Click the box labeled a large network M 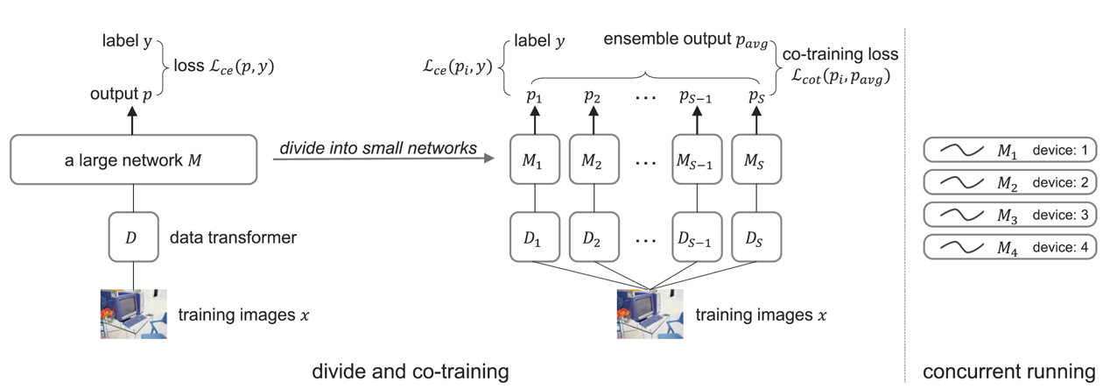[133, 159]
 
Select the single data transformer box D [133, 237]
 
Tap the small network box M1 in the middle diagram [535, 159]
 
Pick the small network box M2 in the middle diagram [594, 159]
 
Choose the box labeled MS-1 [697, 159]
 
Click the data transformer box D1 [535, 237]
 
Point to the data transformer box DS [756, 237]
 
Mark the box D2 [594, 237]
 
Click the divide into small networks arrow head [489, 159]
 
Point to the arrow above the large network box [132, 121]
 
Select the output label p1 [534, 95]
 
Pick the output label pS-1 [695, 96]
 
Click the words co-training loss [840, 53]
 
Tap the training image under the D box [133, 314]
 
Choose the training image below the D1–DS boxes [650, 314]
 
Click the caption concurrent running [1009, 371]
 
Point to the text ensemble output [667, 39]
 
